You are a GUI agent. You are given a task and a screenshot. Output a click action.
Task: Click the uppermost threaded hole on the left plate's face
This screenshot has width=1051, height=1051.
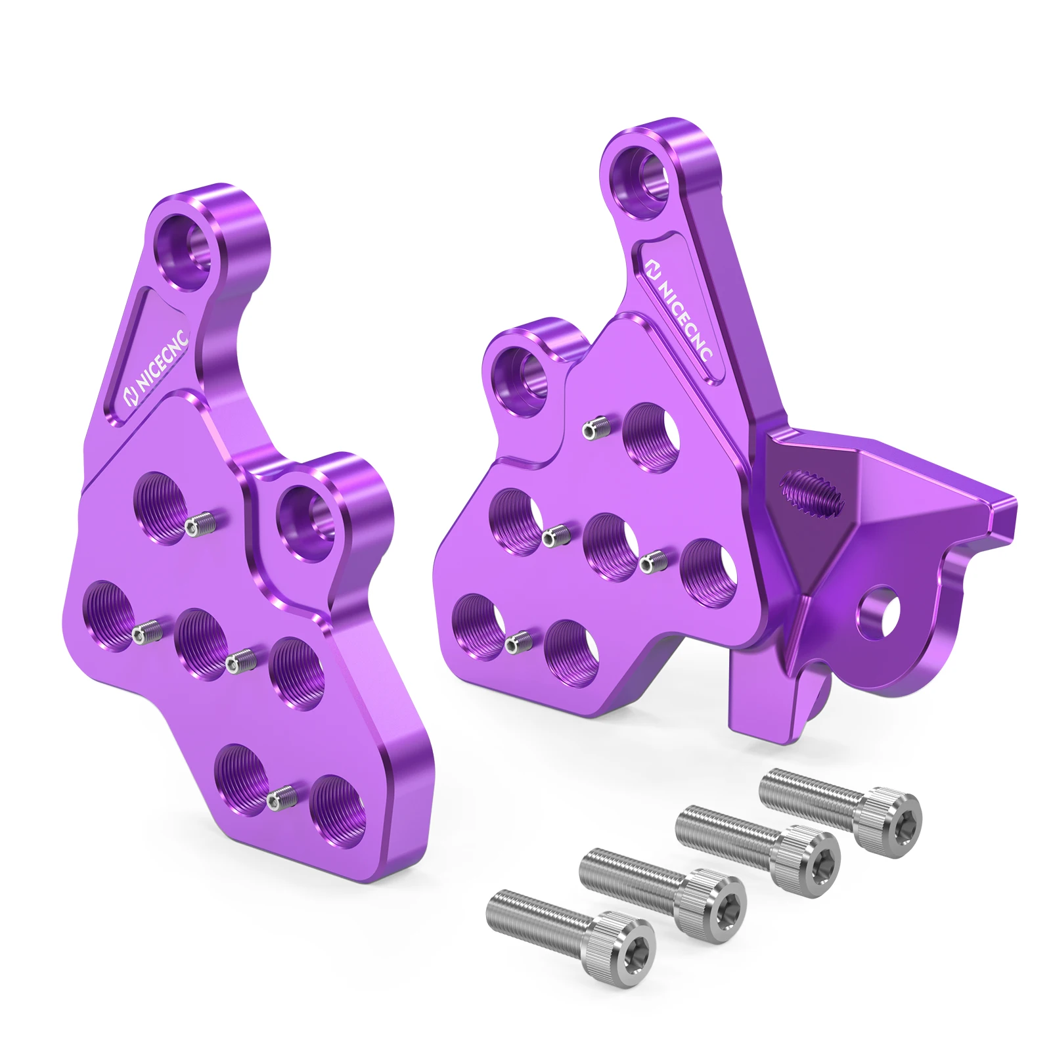pyautogui.click(x=162, y=508)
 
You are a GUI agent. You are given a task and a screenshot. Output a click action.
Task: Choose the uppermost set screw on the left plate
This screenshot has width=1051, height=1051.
pyautogui.click(x=200, y=524)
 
